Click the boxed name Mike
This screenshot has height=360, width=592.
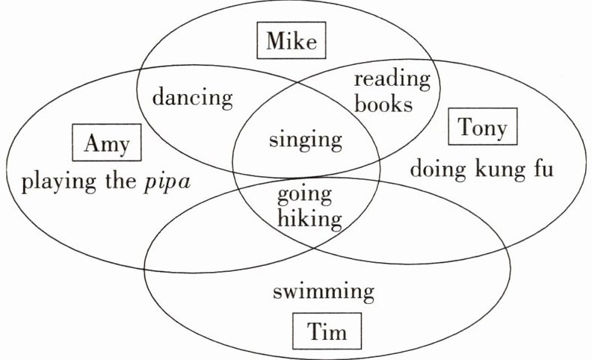[x=292, y=41]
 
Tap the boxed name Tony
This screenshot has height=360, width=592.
[x=482, y=128]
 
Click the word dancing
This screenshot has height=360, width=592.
[x=192, y=98]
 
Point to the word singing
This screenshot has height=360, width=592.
[x=305, y=140]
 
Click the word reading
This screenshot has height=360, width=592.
[x=392, y=79]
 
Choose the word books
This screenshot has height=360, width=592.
[x=383, y=104]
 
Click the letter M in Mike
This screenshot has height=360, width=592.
[x=275, y=41]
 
